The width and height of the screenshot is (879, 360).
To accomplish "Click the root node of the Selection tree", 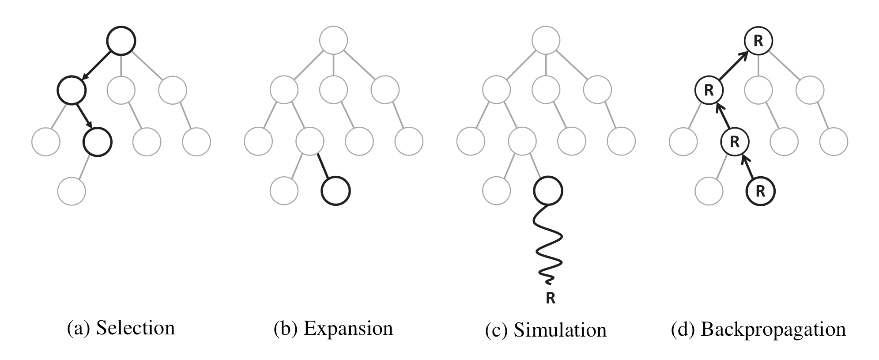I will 121,41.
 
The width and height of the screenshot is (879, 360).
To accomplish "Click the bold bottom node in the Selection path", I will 98,142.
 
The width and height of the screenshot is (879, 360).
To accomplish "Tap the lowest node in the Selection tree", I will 72,191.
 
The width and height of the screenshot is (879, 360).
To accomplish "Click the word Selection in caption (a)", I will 135,328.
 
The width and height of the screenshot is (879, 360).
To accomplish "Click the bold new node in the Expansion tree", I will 336,191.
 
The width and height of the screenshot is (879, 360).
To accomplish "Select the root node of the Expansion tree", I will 334,41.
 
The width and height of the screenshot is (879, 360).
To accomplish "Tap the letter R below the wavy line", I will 550,299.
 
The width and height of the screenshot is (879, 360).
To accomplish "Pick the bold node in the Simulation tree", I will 548,191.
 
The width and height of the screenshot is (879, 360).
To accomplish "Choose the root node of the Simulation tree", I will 546,41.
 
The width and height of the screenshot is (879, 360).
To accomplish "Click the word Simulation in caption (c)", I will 560,330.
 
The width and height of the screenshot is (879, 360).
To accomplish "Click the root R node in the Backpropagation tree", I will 758,41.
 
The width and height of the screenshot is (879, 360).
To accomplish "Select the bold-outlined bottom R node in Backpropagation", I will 760,191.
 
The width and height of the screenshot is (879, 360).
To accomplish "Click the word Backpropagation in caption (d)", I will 773,329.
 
